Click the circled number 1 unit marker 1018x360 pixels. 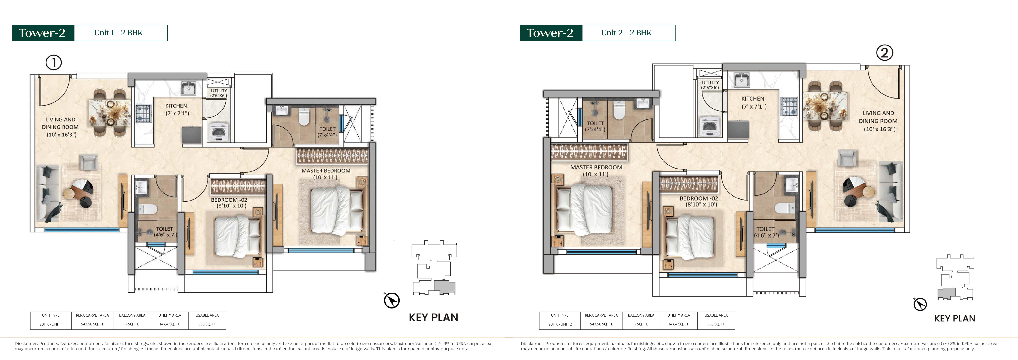(x=54, y=62)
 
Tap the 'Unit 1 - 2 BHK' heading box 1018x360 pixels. (x=121, y=33)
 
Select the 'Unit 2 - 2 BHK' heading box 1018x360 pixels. (x=629, y=33)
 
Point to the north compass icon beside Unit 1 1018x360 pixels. (x=392, y=300)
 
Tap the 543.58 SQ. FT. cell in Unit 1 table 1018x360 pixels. (x=92, y=324)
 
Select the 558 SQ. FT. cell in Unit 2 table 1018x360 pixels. (x=716, y=324)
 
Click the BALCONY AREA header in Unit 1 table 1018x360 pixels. (x=132, y=315)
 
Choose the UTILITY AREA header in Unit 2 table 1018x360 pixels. (x=679, y=315)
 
